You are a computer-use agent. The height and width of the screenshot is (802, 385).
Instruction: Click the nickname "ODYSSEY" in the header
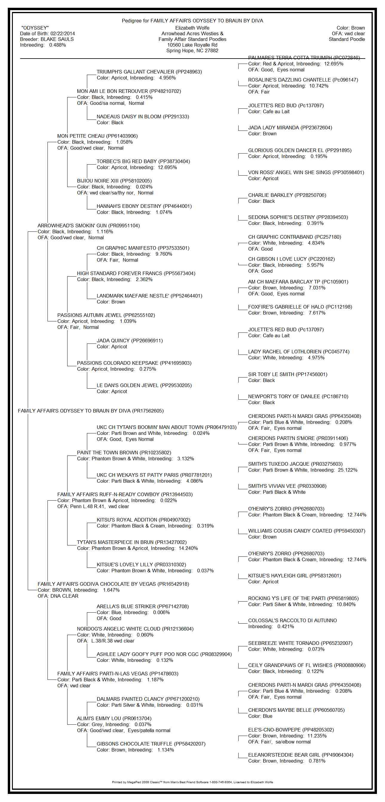point(35,28)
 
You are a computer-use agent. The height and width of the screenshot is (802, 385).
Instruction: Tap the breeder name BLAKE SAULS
point(57,39)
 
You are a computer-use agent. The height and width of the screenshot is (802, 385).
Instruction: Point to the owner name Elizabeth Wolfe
point(192,28)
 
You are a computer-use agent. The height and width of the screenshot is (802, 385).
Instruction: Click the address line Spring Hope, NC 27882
point(192,50)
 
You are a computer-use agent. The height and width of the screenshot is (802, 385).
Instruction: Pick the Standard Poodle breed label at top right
point(347,39)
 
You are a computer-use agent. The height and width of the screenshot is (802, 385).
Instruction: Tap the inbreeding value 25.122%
point(347,470)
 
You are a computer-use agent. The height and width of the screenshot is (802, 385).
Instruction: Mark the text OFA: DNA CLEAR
point(58,596)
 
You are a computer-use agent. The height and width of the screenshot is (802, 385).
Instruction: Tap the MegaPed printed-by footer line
point(192,782)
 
